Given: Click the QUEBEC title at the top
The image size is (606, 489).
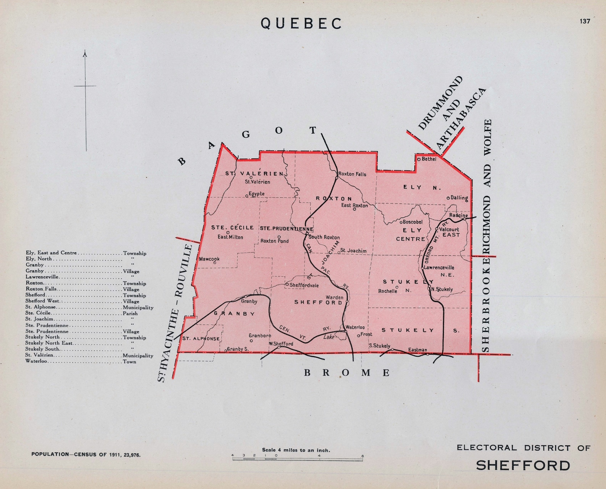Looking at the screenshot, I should click(x=301, y=24).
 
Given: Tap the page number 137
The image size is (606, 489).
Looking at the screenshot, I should click(x=585, y=21).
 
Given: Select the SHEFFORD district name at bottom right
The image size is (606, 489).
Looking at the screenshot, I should click(x=523, y=465).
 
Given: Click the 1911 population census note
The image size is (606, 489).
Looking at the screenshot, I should click(x=86, y=455).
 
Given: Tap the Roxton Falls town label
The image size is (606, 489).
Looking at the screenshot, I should click(x=352, y=174).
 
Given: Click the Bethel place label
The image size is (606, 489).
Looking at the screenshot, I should click(x=429, y=159).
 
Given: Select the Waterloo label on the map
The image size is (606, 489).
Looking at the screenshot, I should click(x=355, y=327).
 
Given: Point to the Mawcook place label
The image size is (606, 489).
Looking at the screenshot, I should click(x=209, y=259).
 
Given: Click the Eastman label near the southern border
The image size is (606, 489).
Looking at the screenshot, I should click(x=417, y=350).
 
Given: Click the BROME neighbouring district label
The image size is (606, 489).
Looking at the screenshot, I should click(x=347, y=373).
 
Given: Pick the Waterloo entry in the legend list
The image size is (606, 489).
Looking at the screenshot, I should click(x=36, y=361).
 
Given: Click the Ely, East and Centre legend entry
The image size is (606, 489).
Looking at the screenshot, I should click(x=51, y=253).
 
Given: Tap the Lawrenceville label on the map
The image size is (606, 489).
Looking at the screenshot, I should click(x=439, y=268).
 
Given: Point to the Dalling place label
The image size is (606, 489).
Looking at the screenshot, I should click(x=459, y=198).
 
